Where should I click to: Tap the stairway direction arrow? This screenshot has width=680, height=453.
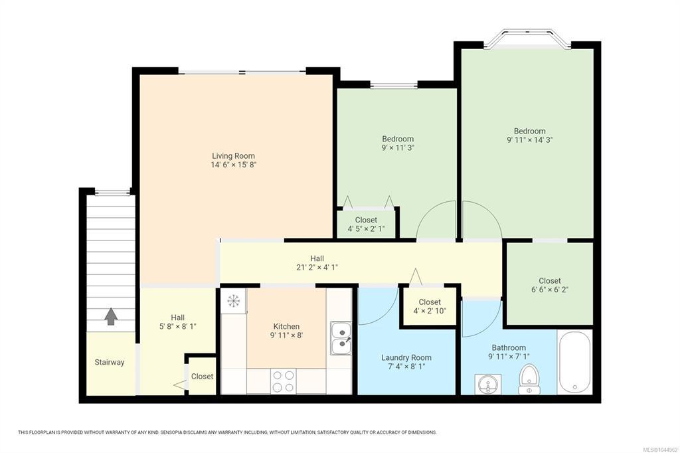pos(111,316)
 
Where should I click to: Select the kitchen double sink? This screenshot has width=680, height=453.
pos(341,338)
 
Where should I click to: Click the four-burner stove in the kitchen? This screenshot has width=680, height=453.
pos(284,381)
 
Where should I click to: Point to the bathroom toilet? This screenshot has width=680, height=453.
pos(529,379)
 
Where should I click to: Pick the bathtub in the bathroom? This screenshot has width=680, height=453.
pos(574,362)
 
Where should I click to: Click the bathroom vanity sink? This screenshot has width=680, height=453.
pos(488,384)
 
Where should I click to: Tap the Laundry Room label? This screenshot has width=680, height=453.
pos(406,357)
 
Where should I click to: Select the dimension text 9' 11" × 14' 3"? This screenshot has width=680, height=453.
pos(529,139)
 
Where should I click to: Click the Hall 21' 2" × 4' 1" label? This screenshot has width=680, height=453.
pos(317,263)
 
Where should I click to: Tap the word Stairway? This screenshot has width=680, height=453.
pos(110,362)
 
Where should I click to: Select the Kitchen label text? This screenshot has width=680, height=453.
pos(286,326)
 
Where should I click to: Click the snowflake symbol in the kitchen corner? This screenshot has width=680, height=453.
pos(233,301)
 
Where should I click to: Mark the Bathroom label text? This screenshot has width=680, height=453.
pos(509,347)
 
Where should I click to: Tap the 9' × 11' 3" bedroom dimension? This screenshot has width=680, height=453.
pos(398,147)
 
